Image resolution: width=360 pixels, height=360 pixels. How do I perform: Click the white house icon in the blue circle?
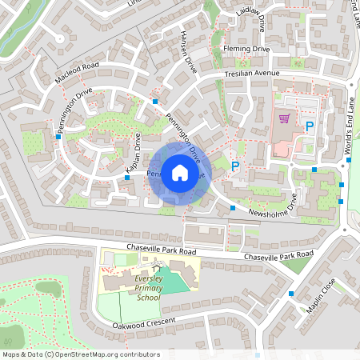[180, 172]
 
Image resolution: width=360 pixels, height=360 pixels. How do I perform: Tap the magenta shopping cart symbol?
[284, 119]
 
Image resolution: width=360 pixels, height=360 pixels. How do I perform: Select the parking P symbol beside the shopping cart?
[309, 126]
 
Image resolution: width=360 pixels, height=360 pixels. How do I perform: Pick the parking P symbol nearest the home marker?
[235, 166]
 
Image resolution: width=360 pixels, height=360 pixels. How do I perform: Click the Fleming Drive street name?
[247, 50]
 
